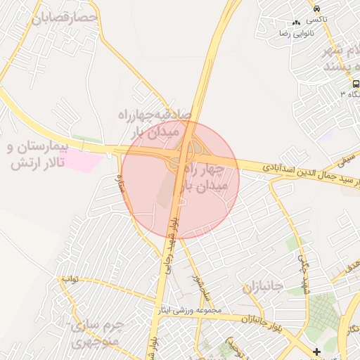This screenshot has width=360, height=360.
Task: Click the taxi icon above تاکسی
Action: (318, 8)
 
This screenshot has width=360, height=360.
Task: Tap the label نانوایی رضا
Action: (297, 33)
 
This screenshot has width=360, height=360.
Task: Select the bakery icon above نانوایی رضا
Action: (297, 22)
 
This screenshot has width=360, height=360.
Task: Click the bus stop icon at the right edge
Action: (356, 82)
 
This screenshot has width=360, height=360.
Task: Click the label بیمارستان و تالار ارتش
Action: (44, 156)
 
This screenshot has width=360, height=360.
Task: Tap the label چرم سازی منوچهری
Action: (98, 335)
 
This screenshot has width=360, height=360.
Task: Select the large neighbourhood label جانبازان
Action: (262, 288)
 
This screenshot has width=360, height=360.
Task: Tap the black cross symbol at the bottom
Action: (316, 351)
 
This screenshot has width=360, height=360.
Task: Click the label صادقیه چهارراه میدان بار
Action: (155, 121)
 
